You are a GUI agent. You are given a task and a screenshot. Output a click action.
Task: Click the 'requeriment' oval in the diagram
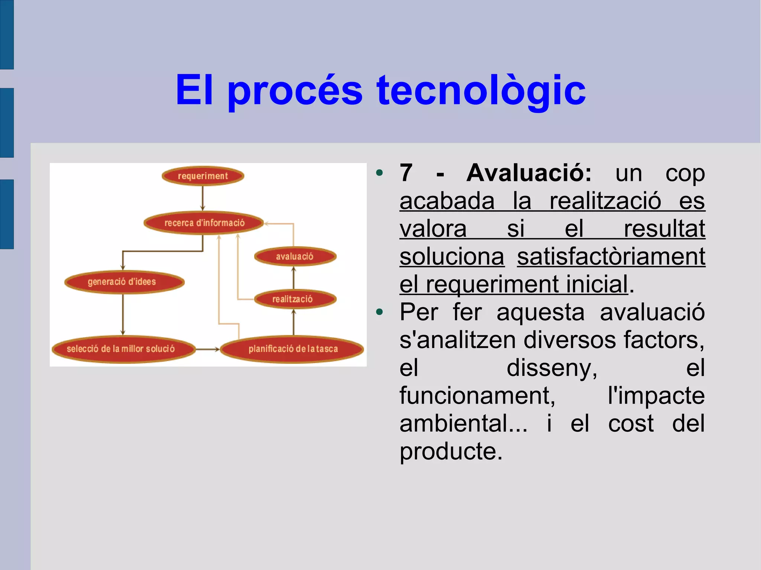(203, 176)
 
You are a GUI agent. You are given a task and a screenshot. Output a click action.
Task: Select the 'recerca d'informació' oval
(204, 223)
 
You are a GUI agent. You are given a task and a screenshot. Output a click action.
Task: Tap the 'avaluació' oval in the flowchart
(295, 256)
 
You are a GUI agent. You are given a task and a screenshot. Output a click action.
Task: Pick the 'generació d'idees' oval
(124, 282)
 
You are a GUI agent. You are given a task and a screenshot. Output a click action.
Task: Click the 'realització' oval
(295, 299)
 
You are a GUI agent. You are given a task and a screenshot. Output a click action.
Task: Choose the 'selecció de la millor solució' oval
(123, 349)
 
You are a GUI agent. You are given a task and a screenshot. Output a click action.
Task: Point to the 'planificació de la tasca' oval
(292, 349)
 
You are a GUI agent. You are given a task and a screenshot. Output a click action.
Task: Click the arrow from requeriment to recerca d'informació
(203, 199)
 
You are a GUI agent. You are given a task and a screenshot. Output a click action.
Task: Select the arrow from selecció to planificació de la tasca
(207, 349)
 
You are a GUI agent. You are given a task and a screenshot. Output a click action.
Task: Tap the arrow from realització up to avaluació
(294, 278)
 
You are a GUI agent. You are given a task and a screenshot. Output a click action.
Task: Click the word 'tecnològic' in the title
(481, 90)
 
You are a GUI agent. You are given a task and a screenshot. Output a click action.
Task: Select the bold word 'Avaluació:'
(529, 173)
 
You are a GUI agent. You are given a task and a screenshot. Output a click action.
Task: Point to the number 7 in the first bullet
(406, 173)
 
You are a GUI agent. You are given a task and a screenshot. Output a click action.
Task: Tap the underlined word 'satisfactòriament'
(611, 257)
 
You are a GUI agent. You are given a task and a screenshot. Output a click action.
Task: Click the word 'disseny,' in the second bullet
(552, 368)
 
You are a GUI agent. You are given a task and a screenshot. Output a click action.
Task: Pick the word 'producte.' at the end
(451, 452)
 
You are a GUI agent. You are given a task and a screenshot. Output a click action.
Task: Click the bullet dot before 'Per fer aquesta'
(379, 312)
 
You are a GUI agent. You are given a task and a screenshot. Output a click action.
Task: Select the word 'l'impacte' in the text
(656, 396)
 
